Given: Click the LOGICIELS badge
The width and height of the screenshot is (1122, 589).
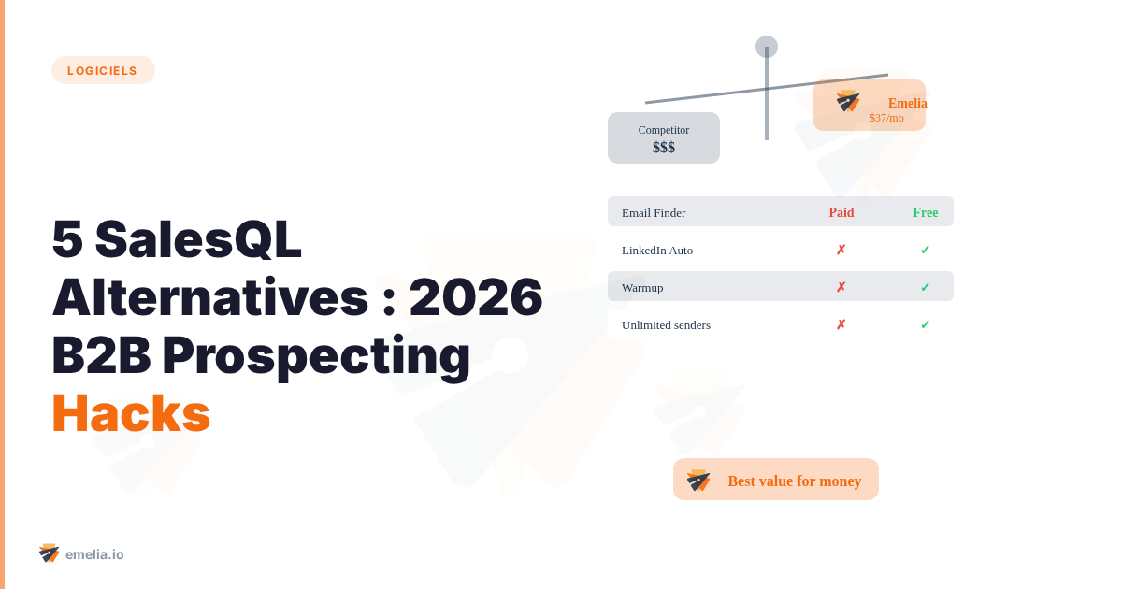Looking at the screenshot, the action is [103, 70].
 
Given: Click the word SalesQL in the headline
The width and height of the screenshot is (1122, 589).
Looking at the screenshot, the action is [198, 240].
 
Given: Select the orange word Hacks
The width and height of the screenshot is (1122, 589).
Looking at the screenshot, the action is [131, 413].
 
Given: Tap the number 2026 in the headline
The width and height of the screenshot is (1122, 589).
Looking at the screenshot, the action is [476, 297].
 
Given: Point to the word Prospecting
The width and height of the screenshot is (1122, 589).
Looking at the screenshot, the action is [316, 356].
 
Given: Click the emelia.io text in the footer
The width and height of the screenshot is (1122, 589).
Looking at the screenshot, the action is [94, 554].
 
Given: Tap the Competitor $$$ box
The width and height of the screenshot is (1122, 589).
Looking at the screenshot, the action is [664, 137].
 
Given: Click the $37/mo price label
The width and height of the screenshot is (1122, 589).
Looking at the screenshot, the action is [886, 118].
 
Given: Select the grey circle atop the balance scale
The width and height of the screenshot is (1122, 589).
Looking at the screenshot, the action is [767, 47].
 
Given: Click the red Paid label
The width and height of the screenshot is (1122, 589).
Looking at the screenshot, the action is [841, 212].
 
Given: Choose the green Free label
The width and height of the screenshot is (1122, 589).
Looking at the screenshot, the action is [926, 212].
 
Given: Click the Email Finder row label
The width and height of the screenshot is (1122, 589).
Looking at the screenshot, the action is [654, 213].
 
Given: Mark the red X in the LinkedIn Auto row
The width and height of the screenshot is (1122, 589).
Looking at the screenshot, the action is [841, 250].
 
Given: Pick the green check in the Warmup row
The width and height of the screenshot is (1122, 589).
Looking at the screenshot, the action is [925, 287].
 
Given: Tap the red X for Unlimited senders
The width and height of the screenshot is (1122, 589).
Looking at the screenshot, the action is [841, 324].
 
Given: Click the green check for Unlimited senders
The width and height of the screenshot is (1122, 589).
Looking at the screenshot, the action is [925, 324].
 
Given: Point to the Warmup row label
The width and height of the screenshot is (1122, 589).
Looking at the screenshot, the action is [642, 288].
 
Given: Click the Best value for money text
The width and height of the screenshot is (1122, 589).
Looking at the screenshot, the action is [795, 481].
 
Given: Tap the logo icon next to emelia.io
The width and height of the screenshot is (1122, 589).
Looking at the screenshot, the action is [49, 553].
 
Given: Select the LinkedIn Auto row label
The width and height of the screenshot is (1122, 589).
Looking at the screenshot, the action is [657, 251].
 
